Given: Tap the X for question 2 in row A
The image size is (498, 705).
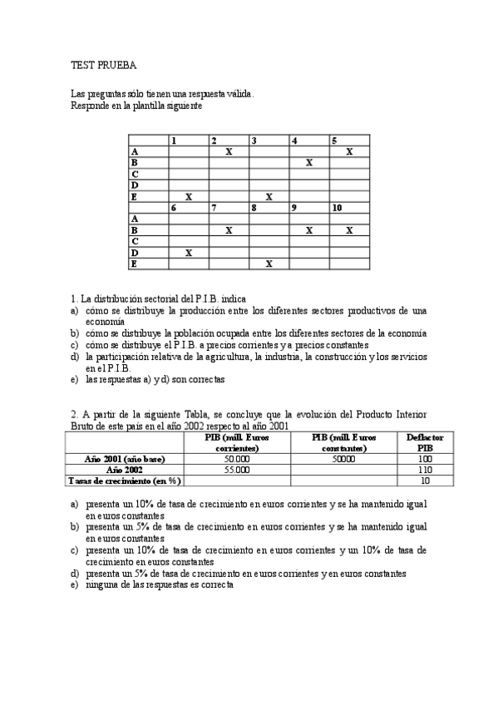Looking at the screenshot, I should click(x=229, y=152).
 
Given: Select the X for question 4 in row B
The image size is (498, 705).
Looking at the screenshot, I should click(x=309, y=163).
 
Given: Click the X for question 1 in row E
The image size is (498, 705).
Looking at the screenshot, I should click(x=189, y=197).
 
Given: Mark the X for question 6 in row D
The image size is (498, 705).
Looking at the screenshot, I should click(x=189, y=252).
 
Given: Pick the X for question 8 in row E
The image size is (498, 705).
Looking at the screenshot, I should click(x=269, y=264).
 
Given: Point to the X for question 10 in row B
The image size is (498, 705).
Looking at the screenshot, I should click(x=349, y=230).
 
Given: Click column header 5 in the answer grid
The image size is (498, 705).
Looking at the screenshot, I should click(x=333, y=141).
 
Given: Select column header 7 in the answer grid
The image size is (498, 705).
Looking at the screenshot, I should click(x=214, y=208).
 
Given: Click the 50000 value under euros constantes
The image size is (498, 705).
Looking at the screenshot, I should click(x=344, y=459).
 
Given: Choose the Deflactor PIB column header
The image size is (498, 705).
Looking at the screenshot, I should click(x=424, y=442).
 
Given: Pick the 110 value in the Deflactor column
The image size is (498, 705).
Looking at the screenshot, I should click(x=424, y=470).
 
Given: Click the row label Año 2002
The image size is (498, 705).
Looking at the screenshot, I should click(x=125, y=470).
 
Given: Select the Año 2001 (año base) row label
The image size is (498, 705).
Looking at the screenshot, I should click(x=125, y=459).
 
